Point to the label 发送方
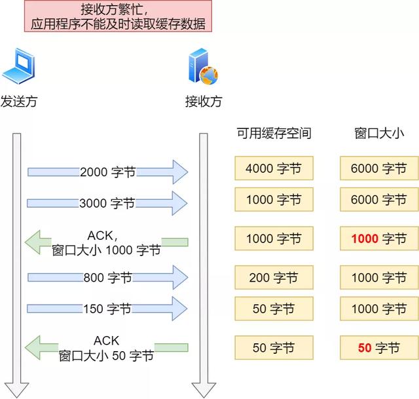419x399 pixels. click(x=18, y=102)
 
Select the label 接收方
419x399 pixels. click(x=204, y=102)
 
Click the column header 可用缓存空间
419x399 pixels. click(x=274, y=134)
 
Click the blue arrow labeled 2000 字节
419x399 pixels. click(x=107, y=172)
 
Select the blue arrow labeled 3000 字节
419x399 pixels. click(x=107, y=203)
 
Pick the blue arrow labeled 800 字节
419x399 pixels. click(x=107, y=278)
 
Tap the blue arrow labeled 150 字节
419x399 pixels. click(x=107, y=308)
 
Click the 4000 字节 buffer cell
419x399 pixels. click(x=274, y=168)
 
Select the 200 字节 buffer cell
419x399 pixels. click(x=274, y=278)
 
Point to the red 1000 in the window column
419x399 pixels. click(x=365, y=238)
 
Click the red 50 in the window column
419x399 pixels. click(x=365, y=348)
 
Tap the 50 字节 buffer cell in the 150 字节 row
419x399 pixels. click(x=274, y=308)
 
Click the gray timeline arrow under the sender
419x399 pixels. click(x=17, y=262)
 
